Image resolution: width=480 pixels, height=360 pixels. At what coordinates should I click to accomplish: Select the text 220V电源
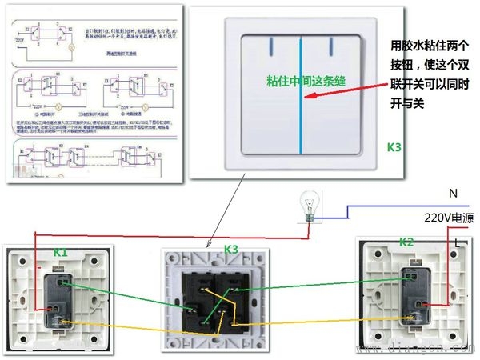tap(449, 217)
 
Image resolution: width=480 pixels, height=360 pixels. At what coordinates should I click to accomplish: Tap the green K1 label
tap(61, 253)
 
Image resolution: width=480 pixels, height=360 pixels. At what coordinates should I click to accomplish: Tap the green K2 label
tap(406, 242)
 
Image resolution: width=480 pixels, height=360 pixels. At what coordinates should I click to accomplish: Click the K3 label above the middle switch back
tap(231, 249)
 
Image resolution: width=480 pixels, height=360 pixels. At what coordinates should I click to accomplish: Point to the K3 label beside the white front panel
tap(394, 147)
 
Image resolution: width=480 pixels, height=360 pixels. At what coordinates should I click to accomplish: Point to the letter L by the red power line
tap(456, 241)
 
